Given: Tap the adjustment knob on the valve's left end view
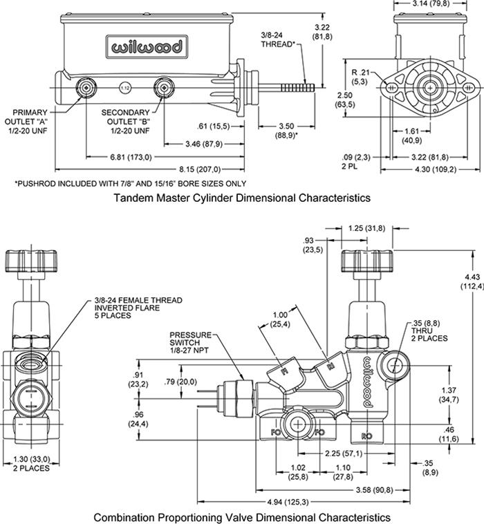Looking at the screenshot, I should [x=29, y=261].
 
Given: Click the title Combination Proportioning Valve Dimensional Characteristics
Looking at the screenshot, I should [x=242, y=516].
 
